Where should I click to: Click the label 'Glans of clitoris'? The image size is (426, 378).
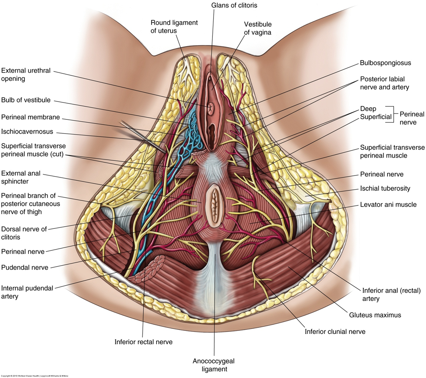tap(234, 6)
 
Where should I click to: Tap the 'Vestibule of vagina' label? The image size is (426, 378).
tap(258, 28)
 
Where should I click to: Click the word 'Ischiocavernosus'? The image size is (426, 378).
tap(27, 131)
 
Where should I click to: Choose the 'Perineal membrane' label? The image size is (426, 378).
tap(30, 117)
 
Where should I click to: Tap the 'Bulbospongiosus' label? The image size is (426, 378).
tap(385, 63)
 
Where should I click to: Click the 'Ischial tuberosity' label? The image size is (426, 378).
tap(385, 188)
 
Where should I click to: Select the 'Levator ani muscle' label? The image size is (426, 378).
tap(388, 204)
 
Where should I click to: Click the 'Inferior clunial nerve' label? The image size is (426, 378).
tap(335, 332)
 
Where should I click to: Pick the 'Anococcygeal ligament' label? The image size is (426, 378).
tap(214, 365)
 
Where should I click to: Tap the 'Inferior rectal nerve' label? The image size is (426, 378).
tap(143, 342)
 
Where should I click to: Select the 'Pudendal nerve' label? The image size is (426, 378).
tap(24, 267)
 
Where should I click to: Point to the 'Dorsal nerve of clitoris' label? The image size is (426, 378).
tap(24, 233)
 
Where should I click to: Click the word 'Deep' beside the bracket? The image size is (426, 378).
tap(368, 109)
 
